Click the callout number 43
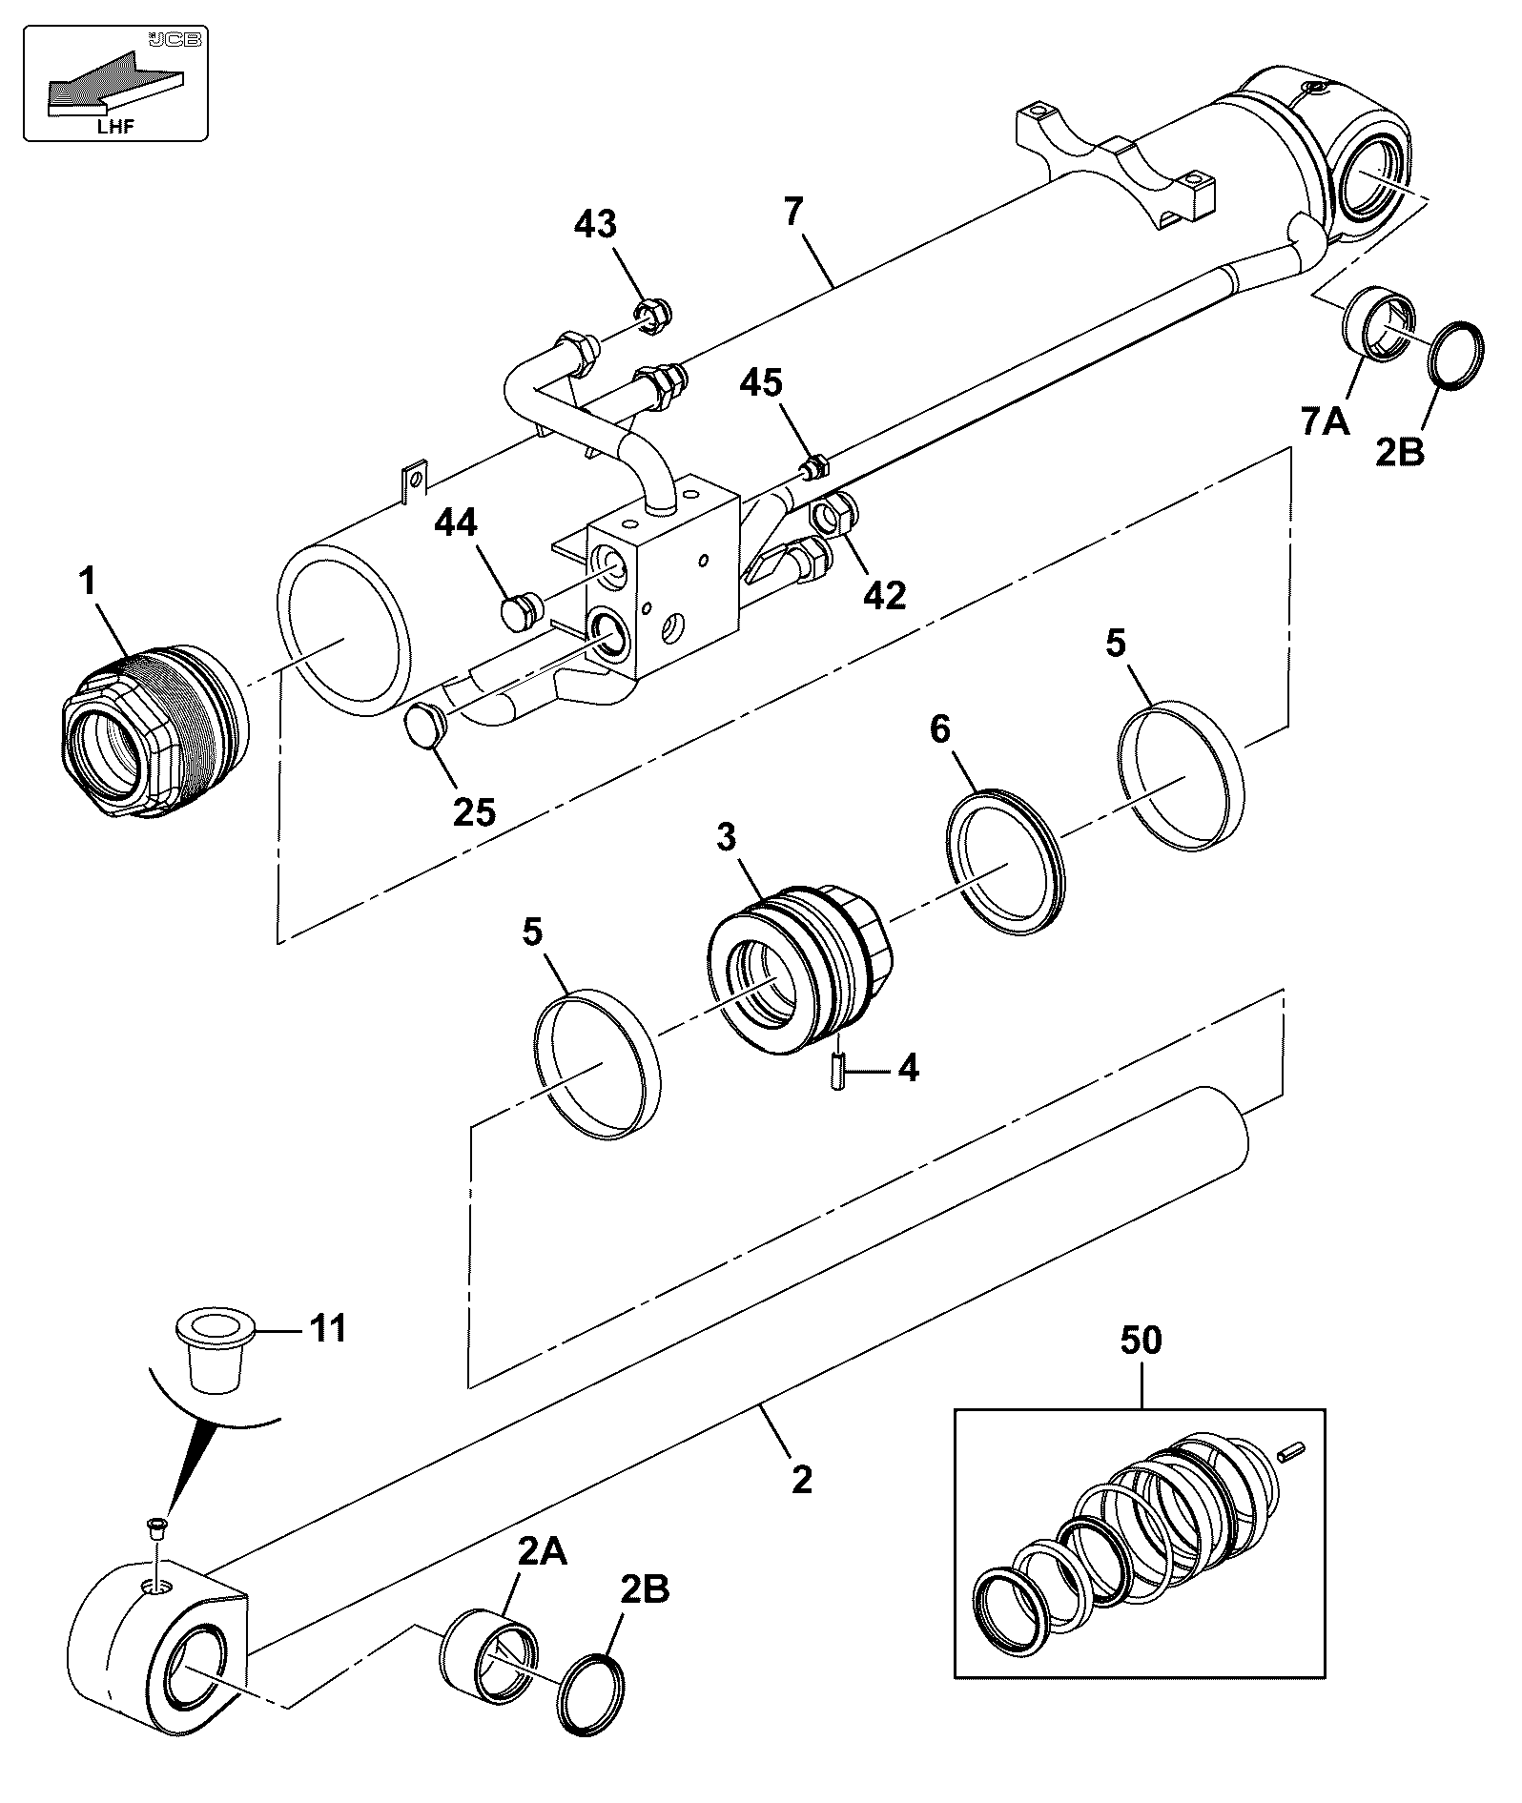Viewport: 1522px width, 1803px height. click(x=594, y=225)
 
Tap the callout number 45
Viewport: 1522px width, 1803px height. click(x=762, y=382)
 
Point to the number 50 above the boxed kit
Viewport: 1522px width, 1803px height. click(x=1141, y=1340)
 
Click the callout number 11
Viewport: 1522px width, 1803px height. click(x=328, y=1327)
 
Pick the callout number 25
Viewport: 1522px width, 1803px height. click(x=474, y=811)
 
